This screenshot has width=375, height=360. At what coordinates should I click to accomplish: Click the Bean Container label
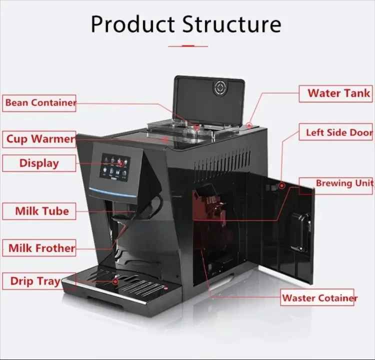pyautogui.click(x=39, y=103)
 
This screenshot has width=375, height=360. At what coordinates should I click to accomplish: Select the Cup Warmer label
pyautogui.click(x=39, y=138)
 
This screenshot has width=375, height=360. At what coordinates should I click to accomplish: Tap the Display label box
pyautogui.click(x=39, y=163)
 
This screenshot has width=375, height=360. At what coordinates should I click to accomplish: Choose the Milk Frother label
pyautogui.click(x=41, y=247)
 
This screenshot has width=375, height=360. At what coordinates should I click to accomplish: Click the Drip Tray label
pyautogui.click(x=34, y=281)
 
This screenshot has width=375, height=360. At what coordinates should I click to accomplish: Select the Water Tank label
pyautogui.click(x=338, y=93)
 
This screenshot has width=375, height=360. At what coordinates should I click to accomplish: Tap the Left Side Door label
pyautogui.click(x=338, y=133)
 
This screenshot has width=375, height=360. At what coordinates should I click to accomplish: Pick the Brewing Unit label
pyautogui.click(x=343, y=183)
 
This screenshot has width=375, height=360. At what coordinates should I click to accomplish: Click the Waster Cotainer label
pyautogui.click(x=319, y=298)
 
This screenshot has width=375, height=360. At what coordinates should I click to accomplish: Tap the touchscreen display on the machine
pyautogui.click(x=115, y=167)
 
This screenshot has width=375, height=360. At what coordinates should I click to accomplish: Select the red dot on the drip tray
pyautogui.click(x=116, y=281)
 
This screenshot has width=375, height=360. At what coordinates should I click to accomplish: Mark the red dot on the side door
pyautogui.click(x=282, y=185)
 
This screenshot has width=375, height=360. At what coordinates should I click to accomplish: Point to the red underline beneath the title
pyautogui.click(x=187, y=46)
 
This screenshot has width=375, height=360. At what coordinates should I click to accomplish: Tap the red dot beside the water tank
pyautogui.click(x=249, y=125)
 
